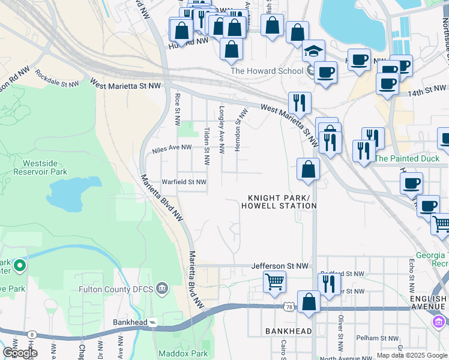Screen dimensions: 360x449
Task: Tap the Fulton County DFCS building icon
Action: pyautogui.click(x=161, y=289)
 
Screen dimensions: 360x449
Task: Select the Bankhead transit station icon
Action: pyautogui.click(x=153, y=323)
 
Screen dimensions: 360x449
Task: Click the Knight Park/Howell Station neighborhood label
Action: pyautogui.click(x=279, y=202)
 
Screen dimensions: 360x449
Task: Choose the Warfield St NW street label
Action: pyautogui.click(x=184, y=182)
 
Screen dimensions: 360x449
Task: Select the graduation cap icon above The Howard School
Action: pyautogui.click(x=313, y=52)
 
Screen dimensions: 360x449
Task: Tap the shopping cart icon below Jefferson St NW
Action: pyautogui.click(x=274, y=280)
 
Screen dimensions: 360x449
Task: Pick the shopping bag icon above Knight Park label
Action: pyautogui.click(x=308, y=169)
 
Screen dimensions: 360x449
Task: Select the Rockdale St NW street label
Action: pyautogui.click(x=57, y=79)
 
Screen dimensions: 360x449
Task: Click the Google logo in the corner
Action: pyautogui.click(x=19, y=353)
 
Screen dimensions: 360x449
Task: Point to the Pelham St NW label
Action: pyautogui.click(x=376, y=338)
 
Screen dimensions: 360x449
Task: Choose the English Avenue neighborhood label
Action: pyautogui.click(x=428, y=303)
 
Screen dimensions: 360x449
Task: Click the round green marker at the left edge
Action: pyautogui.click(x=19, y=265)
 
